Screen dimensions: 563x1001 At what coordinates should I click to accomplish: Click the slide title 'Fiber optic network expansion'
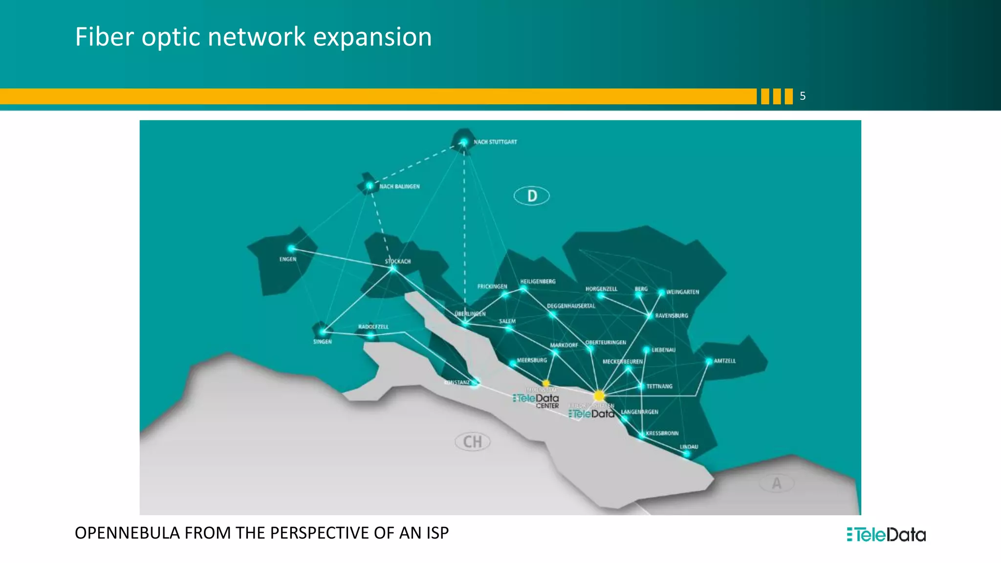253,37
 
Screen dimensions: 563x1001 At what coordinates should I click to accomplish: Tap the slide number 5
803,96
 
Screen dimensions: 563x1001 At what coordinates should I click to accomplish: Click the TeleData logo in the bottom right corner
886,535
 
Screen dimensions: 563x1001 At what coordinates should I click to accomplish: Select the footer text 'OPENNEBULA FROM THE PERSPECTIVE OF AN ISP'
261,533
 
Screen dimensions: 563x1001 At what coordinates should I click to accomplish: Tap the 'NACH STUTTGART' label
495,142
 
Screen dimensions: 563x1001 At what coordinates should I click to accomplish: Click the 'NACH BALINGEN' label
399,187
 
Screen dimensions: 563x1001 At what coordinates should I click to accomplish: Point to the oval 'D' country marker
532,196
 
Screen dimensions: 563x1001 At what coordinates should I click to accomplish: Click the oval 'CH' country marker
473,442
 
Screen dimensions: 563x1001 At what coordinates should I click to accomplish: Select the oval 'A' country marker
776,483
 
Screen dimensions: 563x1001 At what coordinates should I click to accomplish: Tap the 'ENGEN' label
288,260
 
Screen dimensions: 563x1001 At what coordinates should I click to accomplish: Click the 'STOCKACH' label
398,261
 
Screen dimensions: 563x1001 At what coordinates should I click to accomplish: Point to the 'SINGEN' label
323,342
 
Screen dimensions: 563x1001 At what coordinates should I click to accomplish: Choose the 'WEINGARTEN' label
682,292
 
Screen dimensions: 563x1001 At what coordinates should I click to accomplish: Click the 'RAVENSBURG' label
672,316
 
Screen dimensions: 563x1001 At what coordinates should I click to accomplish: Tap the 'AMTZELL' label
724,361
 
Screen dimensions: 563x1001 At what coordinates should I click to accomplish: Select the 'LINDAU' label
689,447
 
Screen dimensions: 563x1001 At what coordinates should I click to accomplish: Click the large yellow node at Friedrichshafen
599,395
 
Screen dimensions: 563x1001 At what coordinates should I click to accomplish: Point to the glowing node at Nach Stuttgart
463,142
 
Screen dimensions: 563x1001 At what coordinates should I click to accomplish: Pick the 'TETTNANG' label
659,387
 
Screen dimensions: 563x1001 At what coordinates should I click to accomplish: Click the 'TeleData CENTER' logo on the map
537,401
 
